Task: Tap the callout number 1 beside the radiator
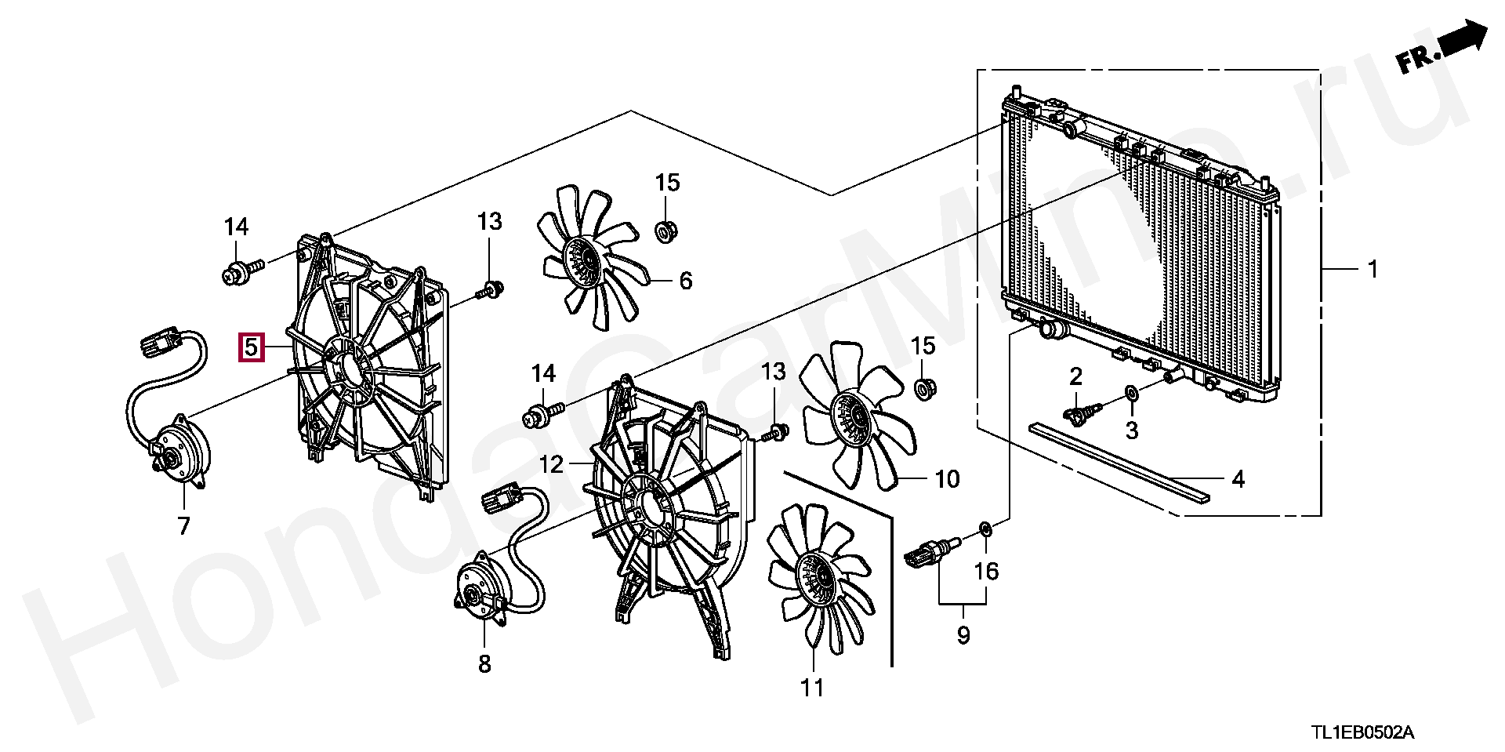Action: pos(1372,270)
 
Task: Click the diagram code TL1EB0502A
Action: pos(1362,733)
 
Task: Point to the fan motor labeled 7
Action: pos(180,452)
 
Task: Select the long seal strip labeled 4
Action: pos(1121,463)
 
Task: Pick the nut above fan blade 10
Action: pos(926,387)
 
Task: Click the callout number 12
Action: pos(551,464)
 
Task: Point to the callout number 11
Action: pos(812,688)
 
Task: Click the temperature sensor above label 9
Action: pos(930,552)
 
